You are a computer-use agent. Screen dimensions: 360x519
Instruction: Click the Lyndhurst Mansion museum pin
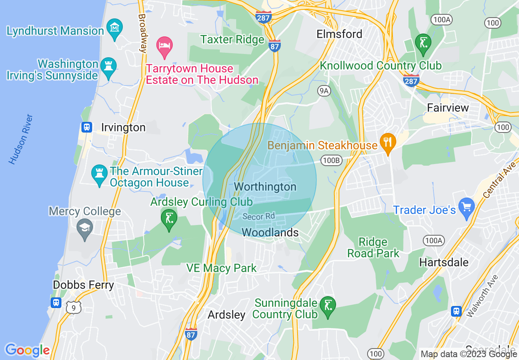tap(115, 28)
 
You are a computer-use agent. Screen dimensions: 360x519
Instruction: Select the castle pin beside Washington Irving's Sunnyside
tap(108, 66)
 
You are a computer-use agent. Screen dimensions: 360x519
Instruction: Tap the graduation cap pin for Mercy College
tap(85, 228)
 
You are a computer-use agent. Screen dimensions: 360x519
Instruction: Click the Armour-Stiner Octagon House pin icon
tap(99, 173)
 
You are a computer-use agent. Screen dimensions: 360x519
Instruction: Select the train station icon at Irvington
tap(86, 127)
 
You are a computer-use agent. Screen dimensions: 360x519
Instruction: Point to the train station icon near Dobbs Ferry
tap(56, 302)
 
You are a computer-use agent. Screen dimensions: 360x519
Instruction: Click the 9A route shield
tap(324, 91)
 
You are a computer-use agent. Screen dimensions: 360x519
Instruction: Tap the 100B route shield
tap(331, 160)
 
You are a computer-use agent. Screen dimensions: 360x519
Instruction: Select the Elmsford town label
tap(339, 34)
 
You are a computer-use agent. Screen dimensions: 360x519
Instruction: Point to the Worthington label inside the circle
tap(265, 187)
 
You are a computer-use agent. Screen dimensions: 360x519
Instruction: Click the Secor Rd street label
tap(258, 216)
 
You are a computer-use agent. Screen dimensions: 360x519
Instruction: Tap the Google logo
tap(27, 350)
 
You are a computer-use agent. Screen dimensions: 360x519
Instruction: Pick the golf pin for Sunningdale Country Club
tap(328, 306)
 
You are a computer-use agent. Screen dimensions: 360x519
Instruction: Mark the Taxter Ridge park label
tap(232, 40)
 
